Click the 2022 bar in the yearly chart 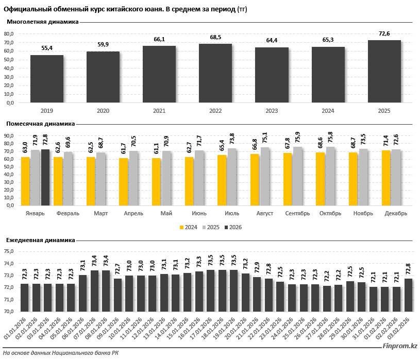[215, 73]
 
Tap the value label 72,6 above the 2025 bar [384, 33]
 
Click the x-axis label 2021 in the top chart [159, 111]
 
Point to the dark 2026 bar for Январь [45, 177]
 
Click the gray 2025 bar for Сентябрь [298, 176]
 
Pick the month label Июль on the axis [232, 213]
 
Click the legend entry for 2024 [189, 227]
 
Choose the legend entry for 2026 [232, 227]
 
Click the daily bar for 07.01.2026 [94, 290]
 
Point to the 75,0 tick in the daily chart [9, 252]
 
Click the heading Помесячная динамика [40, 124]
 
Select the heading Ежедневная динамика [40, 240]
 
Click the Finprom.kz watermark [397, 347]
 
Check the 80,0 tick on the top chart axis [9, 34]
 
